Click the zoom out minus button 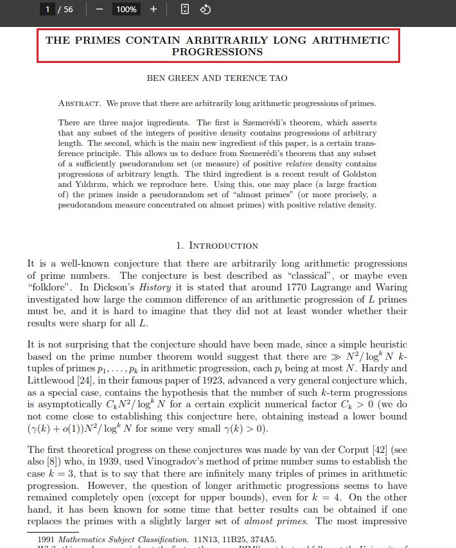coord(100,10)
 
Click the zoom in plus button coord(153,10)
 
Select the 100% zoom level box coord(127,10)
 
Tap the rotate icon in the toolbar coord(205,10)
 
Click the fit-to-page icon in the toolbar coord(184,10)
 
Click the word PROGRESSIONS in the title coord(217,52)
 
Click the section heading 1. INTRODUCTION coord(217,245)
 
